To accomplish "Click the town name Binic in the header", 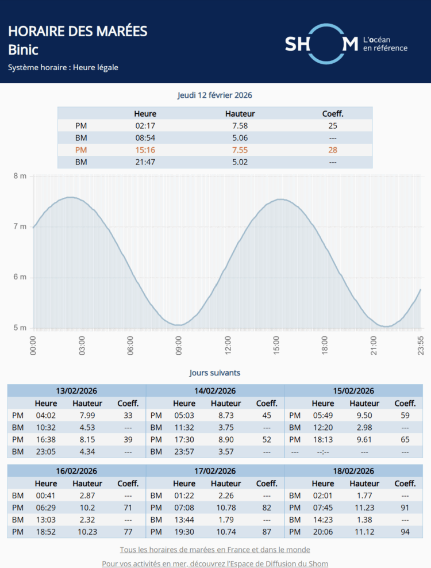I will [24, 50].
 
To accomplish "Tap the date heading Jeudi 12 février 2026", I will [215, 95].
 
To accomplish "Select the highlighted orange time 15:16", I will [145, 150].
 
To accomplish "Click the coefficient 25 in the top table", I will [333, 126].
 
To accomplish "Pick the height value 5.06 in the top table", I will [240, 138].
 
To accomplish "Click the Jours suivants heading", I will [215, 373].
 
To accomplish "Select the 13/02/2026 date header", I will [76, 391].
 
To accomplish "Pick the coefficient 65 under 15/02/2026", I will [405, 439].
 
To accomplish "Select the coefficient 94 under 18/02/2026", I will [405, 532].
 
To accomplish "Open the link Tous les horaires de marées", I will [215, 550].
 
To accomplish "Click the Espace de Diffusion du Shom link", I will [215, 563].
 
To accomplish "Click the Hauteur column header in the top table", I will [240, 114].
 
